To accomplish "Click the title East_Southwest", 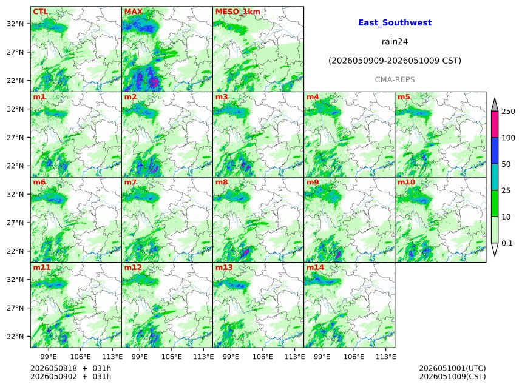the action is click(x=395, y=22).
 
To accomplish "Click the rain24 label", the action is click(x=395, y=42).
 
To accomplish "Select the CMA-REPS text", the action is click(x=395, y=80).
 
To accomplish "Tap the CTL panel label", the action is click(x=40, y=12).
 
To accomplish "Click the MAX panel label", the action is click(x=133, y=12).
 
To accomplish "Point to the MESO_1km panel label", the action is click(x=238, y=12).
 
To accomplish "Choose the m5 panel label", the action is click(x=404, y=97).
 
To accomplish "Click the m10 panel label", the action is click(x=406, y=182).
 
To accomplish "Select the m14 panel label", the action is click(x=315, y=268).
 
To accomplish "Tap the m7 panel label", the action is click(x=130, y=182).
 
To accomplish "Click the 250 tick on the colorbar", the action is click(x=508, y=112).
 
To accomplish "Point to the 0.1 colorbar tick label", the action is click(x=507, y=243).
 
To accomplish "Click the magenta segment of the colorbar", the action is click(x=495, y=124).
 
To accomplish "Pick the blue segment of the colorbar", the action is click(x=495, y=151).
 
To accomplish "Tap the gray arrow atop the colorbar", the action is click(x=495, y=106).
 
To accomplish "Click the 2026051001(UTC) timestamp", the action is click(x=452, y=368).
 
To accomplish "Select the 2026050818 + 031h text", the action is click(x=70, y=368).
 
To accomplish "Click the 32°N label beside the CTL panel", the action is click(x=15, y=24).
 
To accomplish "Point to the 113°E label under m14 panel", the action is click(x=386, y=357).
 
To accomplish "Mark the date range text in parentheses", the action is click(x=395, y=61).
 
